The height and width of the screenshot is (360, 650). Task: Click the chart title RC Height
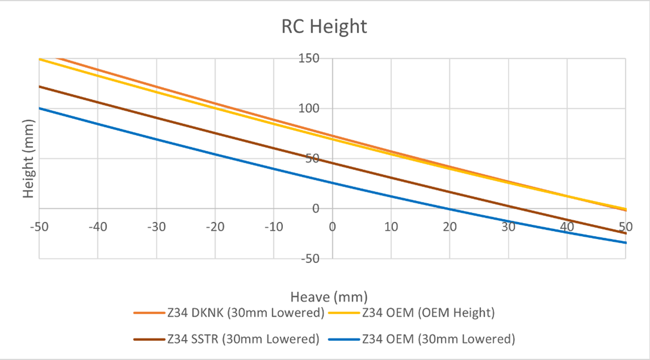324,26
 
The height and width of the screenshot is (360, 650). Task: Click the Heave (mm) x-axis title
329,297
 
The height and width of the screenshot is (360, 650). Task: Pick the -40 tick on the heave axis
97,226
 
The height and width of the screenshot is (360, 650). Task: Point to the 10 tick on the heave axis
391,226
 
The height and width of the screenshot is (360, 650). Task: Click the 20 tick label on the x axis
450,226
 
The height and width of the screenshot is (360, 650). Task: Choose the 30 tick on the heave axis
509,226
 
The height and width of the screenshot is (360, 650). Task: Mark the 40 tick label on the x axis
567,226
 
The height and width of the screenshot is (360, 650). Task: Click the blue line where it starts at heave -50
40,108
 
